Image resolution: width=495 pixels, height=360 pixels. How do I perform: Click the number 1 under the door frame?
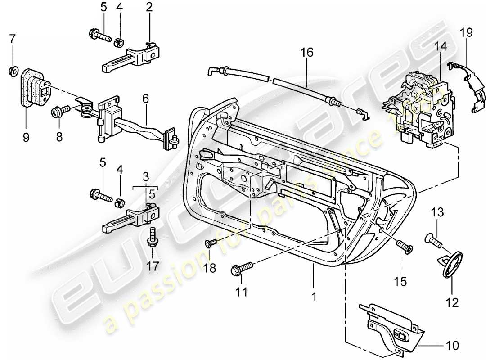click(314, 297)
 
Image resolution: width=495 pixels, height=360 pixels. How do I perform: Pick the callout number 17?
click(153, 266)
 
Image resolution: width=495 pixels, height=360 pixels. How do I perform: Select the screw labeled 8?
click(59, 109)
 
